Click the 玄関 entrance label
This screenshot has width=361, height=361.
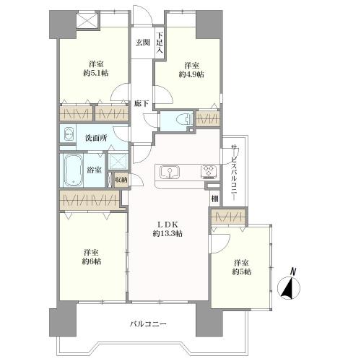(143, 43)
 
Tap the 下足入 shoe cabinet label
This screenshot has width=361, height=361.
(160, 43)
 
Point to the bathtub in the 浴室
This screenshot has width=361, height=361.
(74, 170)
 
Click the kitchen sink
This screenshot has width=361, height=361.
(170, 173)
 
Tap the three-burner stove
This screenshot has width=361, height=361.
(209, 172)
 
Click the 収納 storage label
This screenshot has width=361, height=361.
(121, 180)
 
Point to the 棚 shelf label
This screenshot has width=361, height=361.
(215, 199)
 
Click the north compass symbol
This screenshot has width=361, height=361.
(289, 288)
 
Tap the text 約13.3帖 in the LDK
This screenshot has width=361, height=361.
(168, 233)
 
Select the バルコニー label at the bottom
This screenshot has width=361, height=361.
(148, 323)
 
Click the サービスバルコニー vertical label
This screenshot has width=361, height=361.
(233, 173)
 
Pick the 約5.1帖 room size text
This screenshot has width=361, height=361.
(96, 73)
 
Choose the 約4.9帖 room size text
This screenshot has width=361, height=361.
(191, 74)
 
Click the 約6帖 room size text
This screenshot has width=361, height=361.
(92, 261)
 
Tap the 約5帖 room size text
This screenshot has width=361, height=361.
(242, 271)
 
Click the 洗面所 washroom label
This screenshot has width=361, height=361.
(96, 138)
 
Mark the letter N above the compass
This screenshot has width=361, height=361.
(292, 271)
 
